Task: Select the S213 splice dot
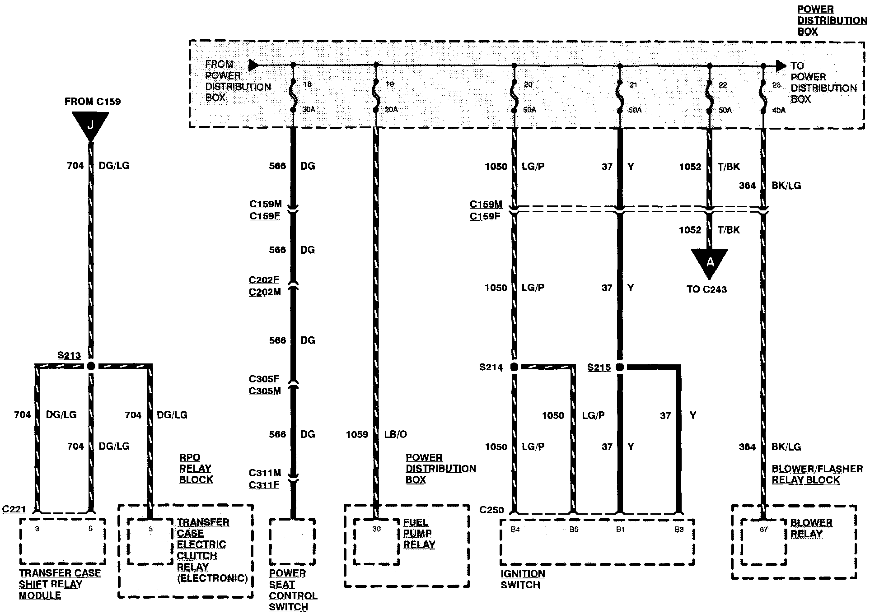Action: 91,366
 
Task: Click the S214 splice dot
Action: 514,367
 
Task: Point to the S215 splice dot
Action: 620,367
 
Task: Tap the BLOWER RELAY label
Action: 811,528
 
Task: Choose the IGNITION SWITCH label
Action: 523,579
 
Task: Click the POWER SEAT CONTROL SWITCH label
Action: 293,590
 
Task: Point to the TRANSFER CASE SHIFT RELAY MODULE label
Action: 60,584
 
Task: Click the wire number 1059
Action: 357,434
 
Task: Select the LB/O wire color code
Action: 395,434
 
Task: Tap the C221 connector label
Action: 14,509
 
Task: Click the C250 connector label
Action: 491,510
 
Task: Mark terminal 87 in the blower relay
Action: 763,530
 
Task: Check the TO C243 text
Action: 706,289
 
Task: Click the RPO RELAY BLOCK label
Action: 196,469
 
